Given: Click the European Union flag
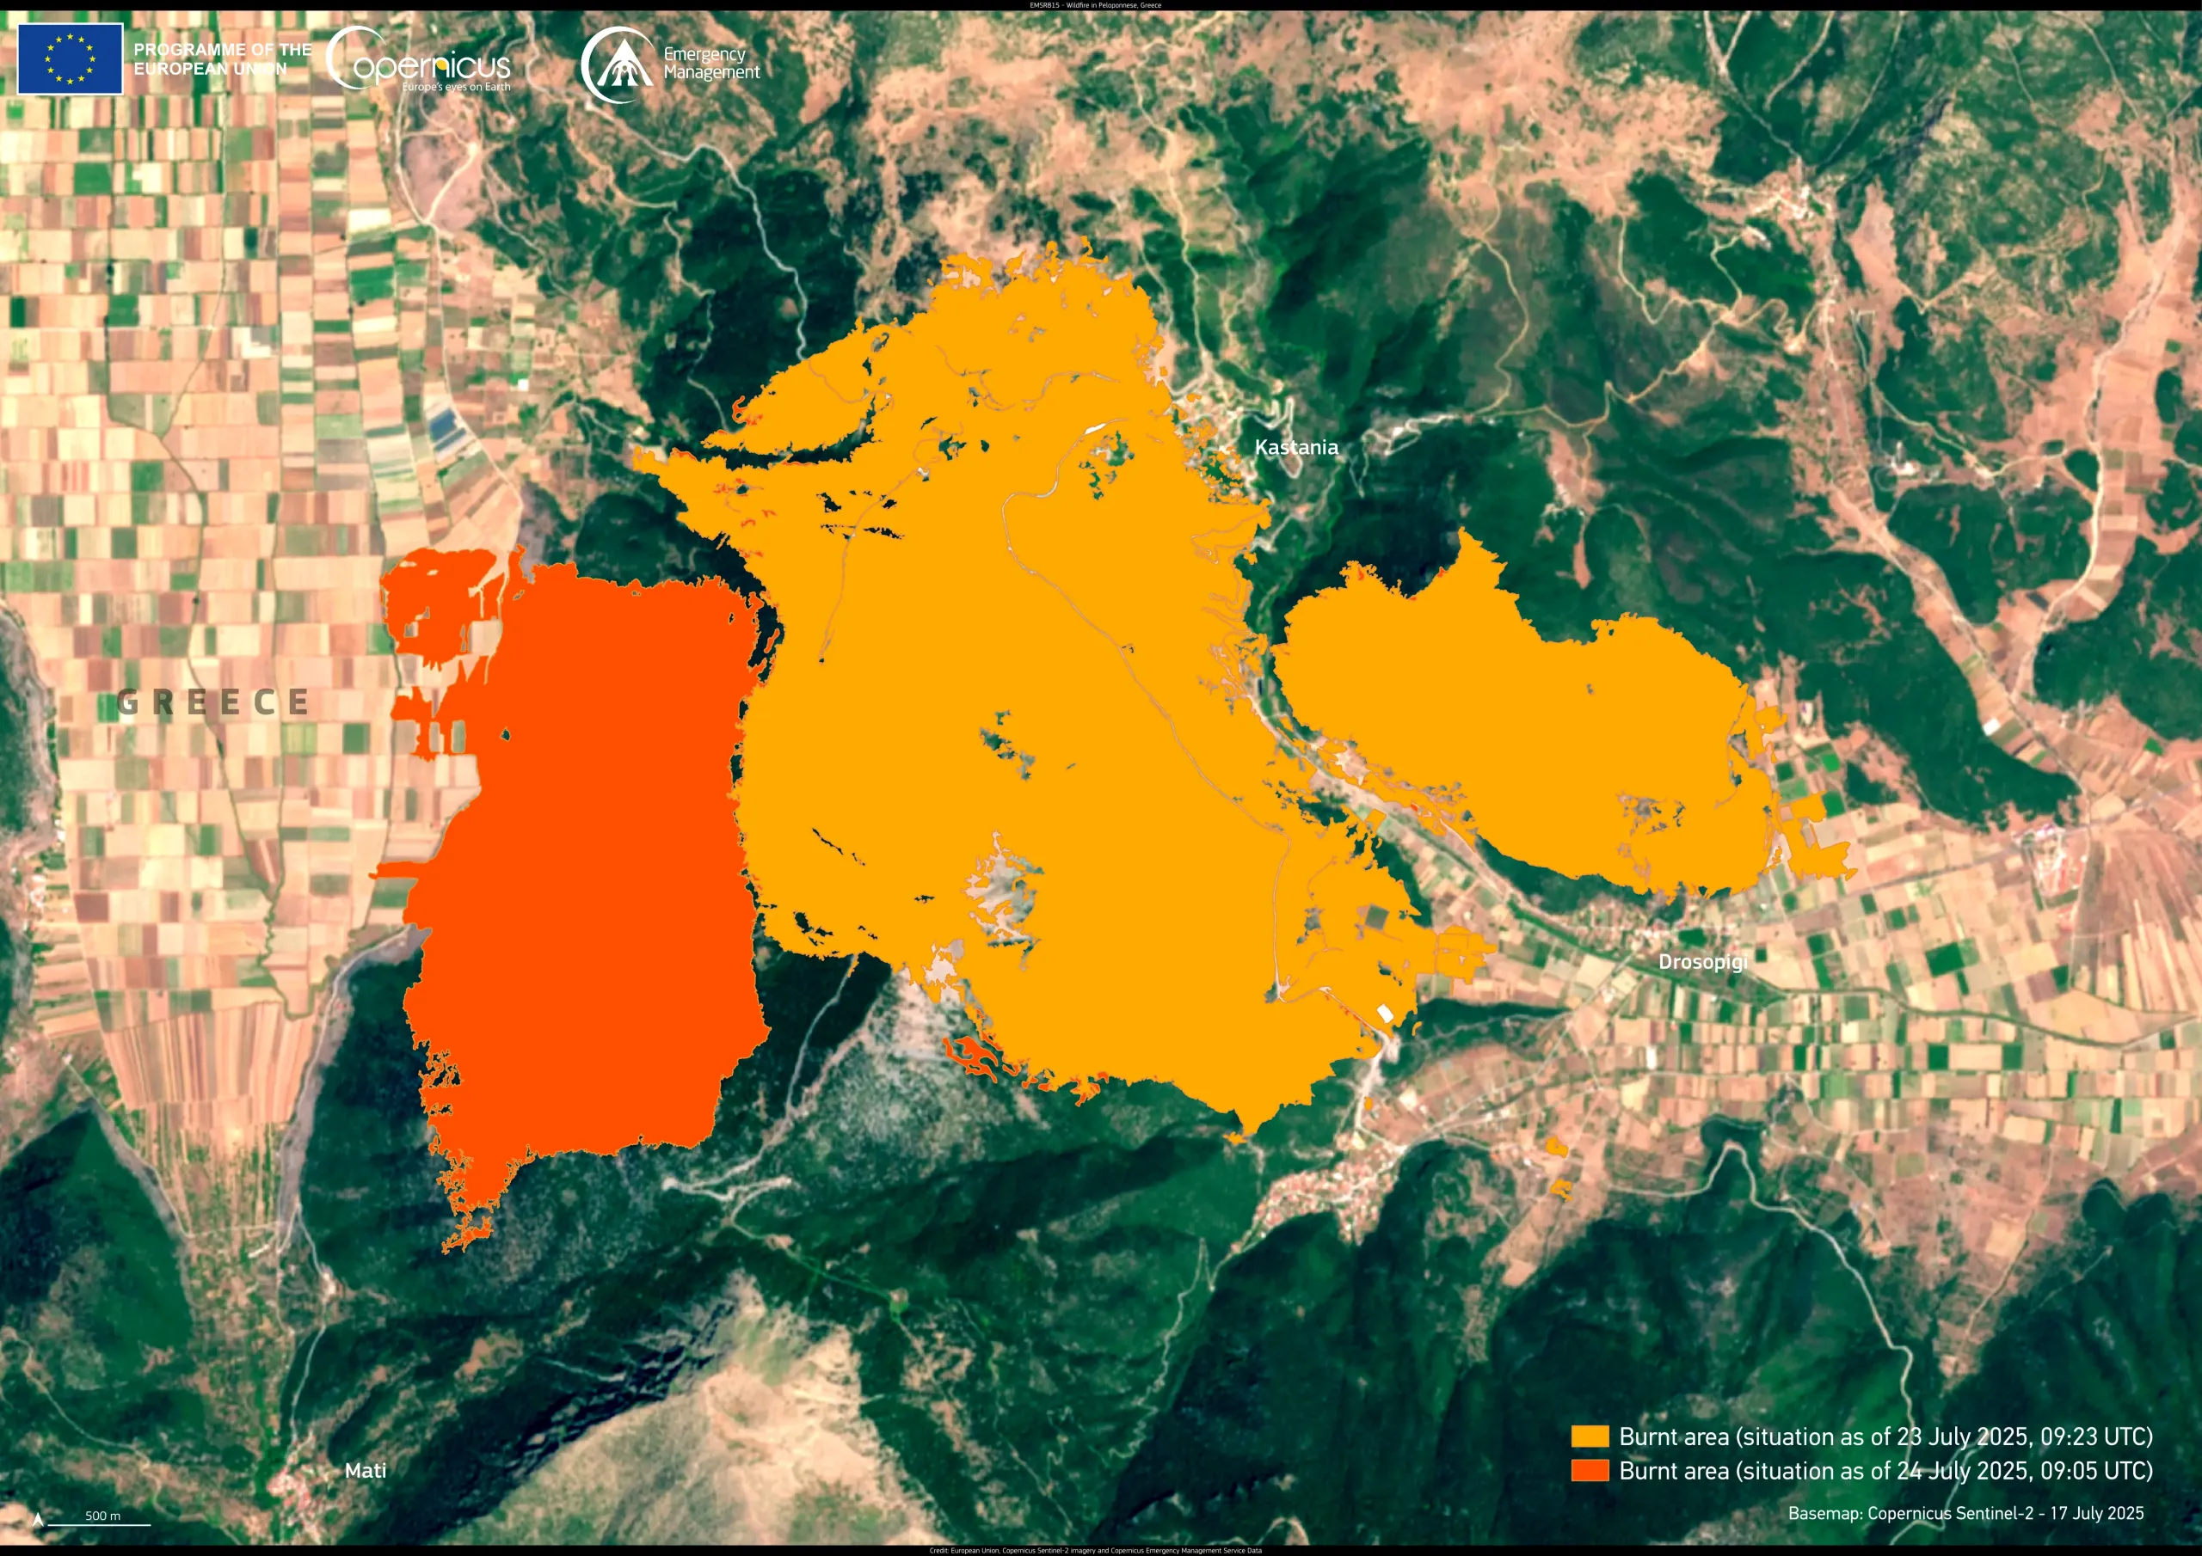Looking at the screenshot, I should (70, 58).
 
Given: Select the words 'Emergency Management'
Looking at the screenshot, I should (710, 64).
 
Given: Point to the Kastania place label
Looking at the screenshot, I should (1295, 447).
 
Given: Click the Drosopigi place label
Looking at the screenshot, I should (1702, 962).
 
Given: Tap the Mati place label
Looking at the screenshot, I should (366, 1470).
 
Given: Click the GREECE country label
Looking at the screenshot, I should (213, 701).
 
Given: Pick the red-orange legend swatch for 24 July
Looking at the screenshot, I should (1590, 1470).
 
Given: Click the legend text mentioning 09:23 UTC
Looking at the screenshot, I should (1885, 1437).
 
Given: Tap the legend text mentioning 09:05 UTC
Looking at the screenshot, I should (1885, 1471).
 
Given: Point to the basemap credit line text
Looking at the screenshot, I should (1965, 1513).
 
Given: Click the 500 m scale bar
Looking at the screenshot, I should (100, 1522).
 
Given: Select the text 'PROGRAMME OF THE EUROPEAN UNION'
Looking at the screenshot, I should (223, 58).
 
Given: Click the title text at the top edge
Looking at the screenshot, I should (1095, 5).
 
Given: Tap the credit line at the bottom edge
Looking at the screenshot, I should (1095, 1550).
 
